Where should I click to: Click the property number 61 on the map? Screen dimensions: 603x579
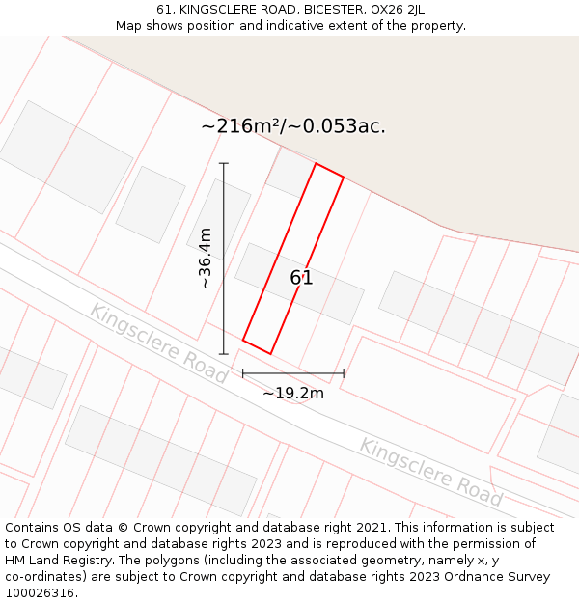[x=301, y=278]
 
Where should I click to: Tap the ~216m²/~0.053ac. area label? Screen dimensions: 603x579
[x=293, y=126]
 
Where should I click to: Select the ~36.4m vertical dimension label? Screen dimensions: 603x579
[x=206, y=259]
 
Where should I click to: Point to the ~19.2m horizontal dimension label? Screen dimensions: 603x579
[x=293, y=393]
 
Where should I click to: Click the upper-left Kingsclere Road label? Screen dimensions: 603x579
[x=158, y=343]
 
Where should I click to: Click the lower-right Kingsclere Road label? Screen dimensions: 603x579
[x=430, y=472]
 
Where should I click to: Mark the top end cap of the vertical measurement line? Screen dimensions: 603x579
[x=224, y=163]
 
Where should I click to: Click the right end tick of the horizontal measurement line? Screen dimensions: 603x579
[x=344, y=372]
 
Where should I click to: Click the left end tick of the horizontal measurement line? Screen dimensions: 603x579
[x=242, y=372]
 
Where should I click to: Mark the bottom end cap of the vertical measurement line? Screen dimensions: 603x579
[x=224, y=353]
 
